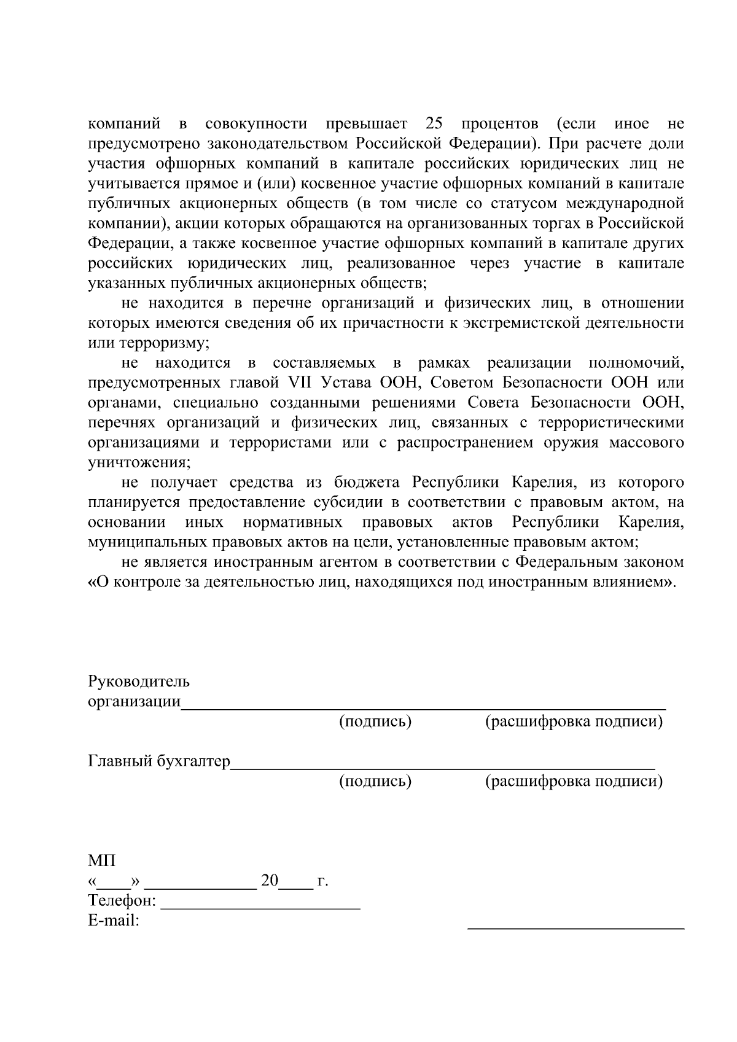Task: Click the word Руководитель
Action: (139, 682)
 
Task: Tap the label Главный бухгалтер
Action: (159, 761)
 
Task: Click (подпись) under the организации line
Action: (375, 721)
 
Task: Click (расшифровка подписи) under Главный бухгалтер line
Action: (574, 781)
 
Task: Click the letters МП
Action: (101, 861)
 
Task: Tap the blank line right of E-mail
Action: (575, 927)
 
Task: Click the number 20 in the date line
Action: (270, 881)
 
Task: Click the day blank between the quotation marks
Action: (115, 886)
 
